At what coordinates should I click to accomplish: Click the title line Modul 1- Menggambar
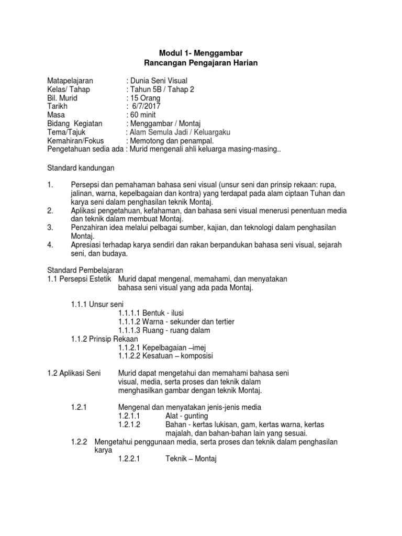pos(201,53)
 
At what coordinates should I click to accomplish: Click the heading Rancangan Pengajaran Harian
pos(201,63)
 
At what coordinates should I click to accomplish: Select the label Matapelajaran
pos(70,81)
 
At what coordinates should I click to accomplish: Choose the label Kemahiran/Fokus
pos(75,141)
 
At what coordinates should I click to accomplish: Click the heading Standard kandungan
pos(81,169)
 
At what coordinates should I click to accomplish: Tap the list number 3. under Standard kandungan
pos(50,228)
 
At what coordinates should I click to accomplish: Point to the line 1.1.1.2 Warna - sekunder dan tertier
pos(176,321)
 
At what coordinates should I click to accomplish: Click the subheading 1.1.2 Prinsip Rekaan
pos(105,339)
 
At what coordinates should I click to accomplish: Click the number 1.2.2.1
pos(130,459)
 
